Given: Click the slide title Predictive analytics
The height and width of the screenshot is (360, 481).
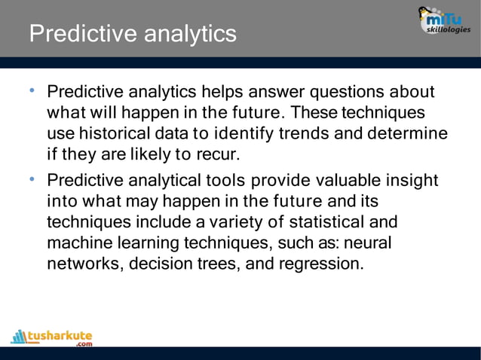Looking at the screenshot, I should [x=132, y=34].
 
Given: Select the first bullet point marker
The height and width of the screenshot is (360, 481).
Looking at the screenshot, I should [x=32, y=92].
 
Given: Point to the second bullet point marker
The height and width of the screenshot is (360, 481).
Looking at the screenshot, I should [x=32, y=180].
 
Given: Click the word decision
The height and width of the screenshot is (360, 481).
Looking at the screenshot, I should [x=160, y=265].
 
